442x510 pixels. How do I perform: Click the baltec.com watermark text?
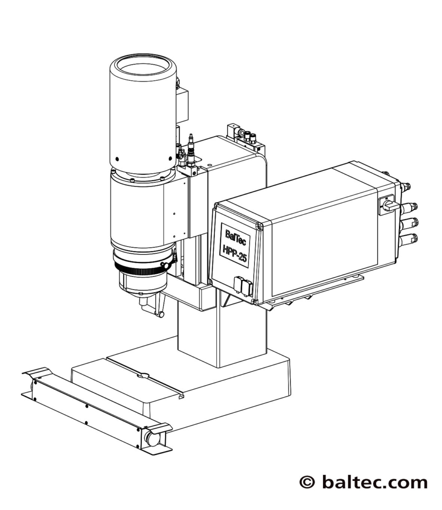click(x=374, y=482)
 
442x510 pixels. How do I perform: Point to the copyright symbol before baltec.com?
click(x=308, y=482)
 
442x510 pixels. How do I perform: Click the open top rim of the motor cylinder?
click(x=143, y=66)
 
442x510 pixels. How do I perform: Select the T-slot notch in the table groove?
click(x=143, y=375)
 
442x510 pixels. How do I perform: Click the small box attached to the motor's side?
click(x=182, y=105)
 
